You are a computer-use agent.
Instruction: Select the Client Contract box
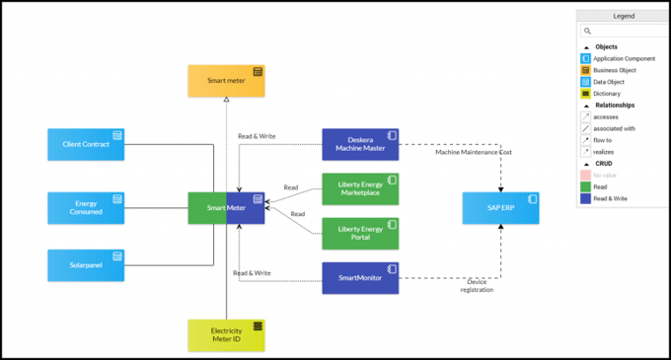tap(87, 144)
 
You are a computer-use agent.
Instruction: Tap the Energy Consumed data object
tap(87, 208)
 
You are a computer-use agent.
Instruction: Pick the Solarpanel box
tap(87, 265)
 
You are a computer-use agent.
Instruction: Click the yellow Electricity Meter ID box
tap(227, 335)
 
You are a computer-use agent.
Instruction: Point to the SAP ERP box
tap(501, 209)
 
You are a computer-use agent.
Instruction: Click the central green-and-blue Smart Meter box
tap(227, 208)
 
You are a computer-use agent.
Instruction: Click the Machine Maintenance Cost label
tap(475, 152)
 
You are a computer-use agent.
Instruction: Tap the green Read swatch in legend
tap(586, 186)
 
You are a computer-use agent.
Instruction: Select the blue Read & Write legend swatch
tap(586, 198)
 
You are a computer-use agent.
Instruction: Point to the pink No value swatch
tap(586, 175)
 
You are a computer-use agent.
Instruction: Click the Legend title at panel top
tap(623, 16)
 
